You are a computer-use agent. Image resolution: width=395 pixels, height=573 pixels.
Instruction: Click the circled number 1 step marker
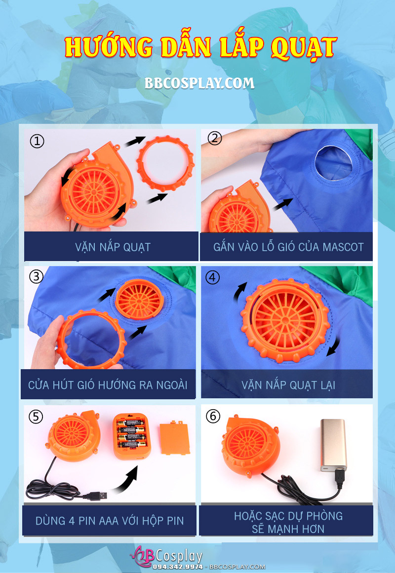coord(37,141)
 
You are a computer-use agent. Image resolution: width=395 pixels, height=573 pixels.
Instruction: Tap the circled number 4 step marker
coord(212,277)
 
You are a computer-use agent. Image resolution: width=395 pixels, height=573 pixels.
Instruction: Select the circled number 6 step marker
coord(213,416)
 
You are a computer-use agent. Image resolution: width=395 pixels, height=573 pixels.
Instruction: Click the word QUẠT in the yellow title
coord(304,47)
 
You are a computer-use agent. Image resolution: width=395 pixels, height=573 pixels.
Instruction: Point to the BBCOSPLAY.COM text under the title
coord(199,83)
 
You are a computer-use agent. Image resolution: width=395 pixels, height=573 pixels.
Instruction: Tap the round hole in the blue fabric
coord(334,163)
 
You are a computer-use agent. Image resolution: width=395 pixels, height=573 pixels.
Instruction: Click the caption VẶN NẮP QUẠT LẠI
coord(288,385)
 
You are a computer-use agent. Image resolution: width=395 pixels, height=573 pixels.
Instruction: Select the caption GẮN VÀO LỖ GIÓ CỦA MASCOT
coord(288,247)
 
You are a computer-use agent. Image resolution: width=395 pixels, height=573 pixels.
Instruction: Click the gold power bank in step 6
coord(334,445)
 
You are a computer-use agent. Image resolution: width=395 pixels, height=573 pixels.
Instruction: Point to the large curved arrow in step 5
coord(126,479)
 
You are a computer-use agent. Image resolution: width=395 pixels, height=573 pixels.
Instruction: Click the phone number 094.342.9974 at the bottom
coord(178,567)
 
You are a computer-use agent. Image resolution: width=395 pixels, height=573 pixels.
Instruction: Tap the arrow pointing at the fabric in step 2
coord(283,204)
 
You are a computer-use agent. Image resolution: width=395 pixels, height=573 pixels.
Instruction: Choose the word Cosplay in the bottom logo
coord(179,556)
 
